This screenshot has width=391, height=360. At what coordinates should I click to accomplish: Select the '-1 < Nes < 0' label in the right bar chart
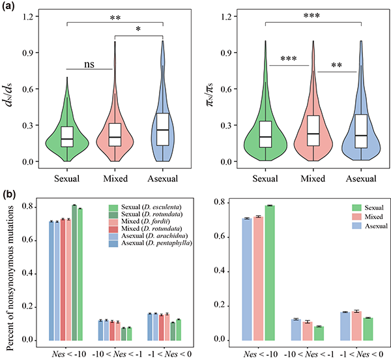355,352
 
